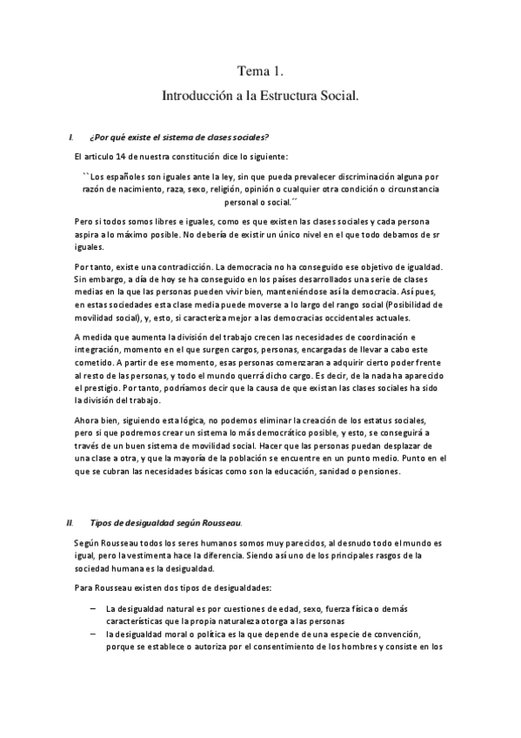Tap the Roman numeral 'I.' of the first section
[70, 138]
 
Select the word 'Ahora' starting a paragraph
[89, 419]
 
